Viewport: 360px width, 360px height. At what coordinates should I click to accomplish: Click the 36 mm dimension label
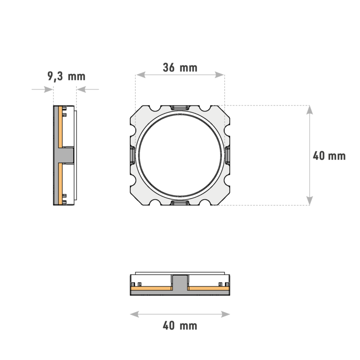[x=180, y=67]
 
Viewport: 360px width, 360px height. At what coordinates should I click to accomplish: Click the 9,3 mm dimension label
[x=67, y=76]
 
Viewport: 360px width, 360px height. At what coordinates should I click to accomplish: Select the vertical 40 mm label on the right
[x=329, y=156]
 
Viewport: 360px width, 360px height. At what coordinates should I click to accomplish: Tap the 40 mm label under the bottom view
[x=180, y=326]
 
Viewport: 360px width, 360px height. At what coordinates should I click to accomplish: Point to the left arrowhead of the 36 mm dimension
[x=141, y=75]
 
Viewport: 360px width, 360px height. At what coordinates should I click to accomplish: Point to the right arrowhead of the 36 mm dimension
[x=219, y=75]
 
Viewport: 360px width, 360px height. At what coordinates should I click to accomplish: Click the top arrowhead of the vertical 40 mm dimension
[x=310, y=110]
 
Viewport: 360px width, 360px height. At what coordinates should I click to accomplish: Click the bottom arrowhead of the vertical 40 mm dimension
[x=310, y=201]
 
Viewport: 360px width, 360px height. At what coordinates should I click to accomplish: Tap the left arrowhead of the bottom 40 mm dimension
[x=135, y=314]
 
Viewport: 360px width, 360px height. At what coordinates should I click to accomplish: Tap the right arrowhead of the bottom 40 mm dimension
[x=225, y=314]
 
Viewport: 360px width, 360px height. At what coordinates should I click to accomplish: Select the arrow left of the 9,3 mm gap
[x=43, y=90]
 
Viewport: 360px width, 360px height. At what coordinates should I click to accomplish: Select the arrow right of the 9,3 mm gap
[x=88, y=90]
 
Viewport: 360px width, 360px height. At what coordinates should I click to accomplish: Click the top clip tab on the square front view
[x=180, y=107]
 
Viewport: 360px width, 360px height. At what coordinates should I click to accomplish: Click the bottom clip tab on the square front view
[x=180, y=203]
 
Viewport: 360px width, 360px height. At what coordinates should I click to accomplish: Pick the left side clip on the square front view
[x=133, y=155]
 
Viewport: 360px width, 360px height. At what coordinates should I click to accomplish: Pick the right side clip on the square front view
[x=228, y=155]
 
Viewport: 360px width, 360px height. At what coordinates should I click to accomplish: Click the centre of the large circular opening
[x=180, y=155]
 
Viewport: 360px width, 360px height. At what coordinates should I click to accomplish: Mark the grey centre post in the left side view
[x=66, y=155]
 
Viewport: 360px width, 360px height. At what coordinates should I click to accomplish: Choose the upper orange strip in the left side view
[x=60, y=127]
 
